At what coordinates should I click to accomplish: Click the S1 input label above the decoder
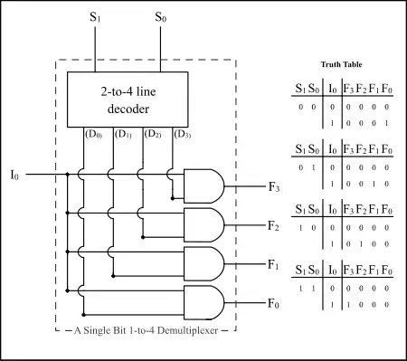pos(95,17)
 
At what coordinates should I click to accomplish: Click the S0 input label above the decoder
pos(160,17)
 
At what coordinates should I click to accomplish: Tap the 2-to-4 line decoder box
pos(128,100)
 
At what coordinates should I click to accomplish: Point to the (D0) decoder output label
pos(94,134)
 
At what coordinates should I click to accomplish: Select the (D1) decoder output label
pos(123,134)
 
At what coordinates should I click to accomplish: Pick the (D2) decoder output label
pos(153,134)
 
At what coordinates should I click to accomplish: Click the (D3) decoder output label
pos(183,134)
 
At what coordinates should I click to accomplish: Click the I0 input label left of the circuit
pos(14,175)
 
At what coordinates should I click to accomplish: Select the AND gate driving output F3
pos(204,186)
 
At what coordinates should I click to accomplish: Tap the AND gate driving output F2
pos(204,225)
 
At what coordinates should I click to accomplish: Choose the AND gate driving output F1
pos(204,264)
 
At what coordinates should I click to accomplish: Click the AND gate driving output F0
pos(204,302)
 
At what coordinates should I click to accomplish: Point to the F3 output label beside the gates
pos(274,187)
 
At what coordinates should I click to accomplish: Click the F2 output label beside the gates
pos(273,226)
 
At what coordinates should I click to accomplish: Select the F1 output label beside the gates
pos(273,265)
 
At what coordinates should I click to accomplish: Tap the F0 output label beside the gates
pos(273,303)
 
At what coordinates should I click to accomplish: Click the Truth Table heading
pos(341,64)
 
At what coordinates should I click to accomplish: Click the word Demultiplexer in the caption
pos(187,330)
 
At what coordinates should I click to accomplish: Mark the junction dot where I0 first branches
pos(67,174)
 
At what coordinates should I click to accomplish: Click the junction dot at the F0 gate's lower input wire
pos(84,315)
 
